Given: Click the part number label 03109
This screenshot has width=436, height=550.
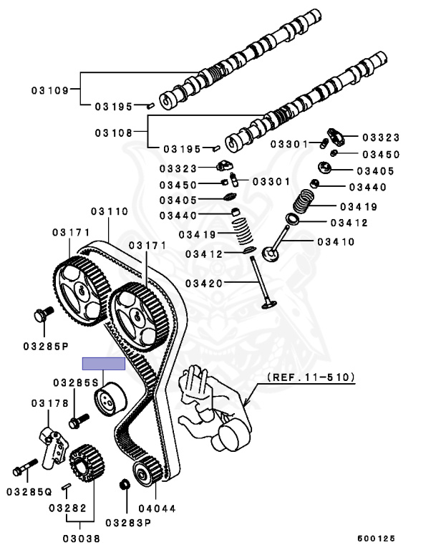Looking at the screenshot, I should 49,91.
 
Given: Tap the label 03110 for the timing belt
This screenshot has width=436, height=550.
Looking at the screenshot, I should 109,212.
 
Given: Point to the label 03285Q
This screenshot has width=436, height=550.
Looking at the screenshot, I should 30,492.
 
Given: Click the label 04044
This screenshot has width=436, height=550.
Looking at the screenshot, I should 157,509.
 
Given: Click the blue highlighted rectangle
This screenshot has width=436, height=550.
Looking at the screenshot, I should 104,363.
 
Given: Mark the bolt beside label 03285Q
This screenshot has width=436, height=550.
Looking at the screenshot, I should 25,470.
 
